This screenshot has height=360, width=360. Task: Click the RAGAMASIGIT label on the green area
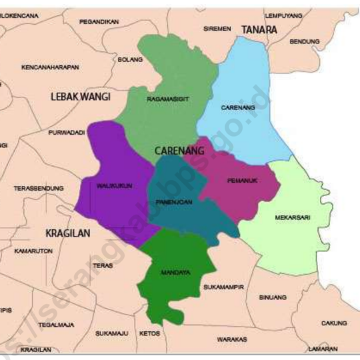[x=168, y=99]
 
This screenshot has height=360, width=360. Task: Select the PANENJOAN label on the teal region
[x=175, y=201]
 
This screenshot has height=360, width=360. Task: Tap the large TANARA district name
[x=259, y=30]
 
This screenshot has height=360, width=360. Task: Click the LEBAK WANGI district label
[x=80, y=97]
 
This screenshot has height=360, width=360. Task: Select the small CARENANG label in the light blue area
[x=238, y=107]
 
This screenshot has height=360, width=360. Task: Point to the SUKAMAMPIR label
[x=223, y=287]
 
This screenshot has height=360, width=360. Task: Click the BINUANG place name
[x=272, y=297]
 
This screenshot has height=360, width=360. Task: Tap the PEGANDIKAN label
[x=99, y=22]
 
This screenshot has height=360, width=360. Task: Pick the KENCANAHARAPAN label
[x=50, y=67]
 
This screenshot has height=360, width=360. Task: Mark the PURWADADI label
[x=67, y=133]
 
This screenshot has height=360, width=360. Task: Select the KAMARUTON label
[x=33, y=251]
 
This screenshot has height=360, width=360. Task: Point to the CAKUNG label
[x=334, y=323]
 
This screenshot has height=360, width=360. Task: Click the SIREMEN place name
[x=217, y=29]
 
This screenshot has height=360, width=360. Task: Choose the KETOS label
[x=149, y=333]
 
